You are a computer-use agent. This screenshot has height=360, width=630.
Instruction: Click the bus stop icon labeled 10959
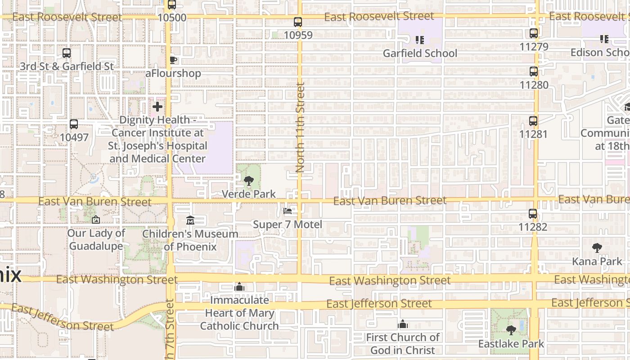297,22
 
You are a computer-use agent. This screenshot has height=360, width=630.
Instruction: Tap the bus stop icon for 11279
534,33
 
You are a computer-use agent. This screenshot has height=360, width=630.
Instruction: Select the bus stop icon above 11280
534,72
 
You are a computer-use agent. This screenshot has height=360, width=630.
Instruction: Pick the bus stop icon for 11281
533,121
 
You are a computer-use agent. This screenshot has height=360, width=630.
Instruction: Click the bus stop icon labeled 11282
533,214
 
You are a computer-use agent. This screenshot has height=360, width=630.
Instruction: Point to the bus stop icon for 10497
74,124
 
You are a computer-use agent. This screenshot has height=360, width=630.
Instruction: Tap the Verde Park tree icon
248,181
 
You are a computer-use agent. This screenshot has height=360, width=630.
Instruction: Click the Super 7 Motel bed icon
288,211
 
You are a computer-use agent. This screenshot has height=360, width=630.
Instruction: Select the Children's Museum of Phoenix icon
190,220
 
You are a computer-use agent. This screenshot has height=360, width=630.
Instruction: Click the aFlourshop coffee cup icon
173,60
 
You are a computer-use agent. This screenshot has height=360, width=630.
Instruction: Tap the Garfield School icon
420,40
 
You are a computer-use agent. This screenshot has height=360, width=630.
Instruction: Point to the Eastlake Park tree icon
511,331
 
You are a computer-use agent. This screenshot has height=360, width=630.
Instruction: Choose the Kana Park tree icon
597,248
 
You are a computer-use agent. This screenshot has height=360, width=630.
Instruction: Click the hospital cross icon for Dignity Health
157,107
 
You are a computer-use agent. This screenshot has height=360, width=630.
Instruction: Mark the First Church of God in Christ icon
402,324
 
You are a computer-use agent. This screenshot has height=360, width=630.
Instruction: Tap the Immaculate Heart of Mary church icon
239,287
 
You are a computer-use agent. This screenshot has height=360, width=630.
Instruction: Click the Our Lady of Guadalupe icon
95,220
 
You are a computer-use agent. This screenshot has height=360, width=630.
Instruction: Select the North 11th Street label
300,127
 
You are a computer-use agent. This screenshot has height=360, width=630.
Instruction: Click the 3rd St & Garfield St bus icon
67,53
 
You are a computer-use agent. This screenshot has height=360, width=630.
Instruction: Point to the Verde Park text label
249,194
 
